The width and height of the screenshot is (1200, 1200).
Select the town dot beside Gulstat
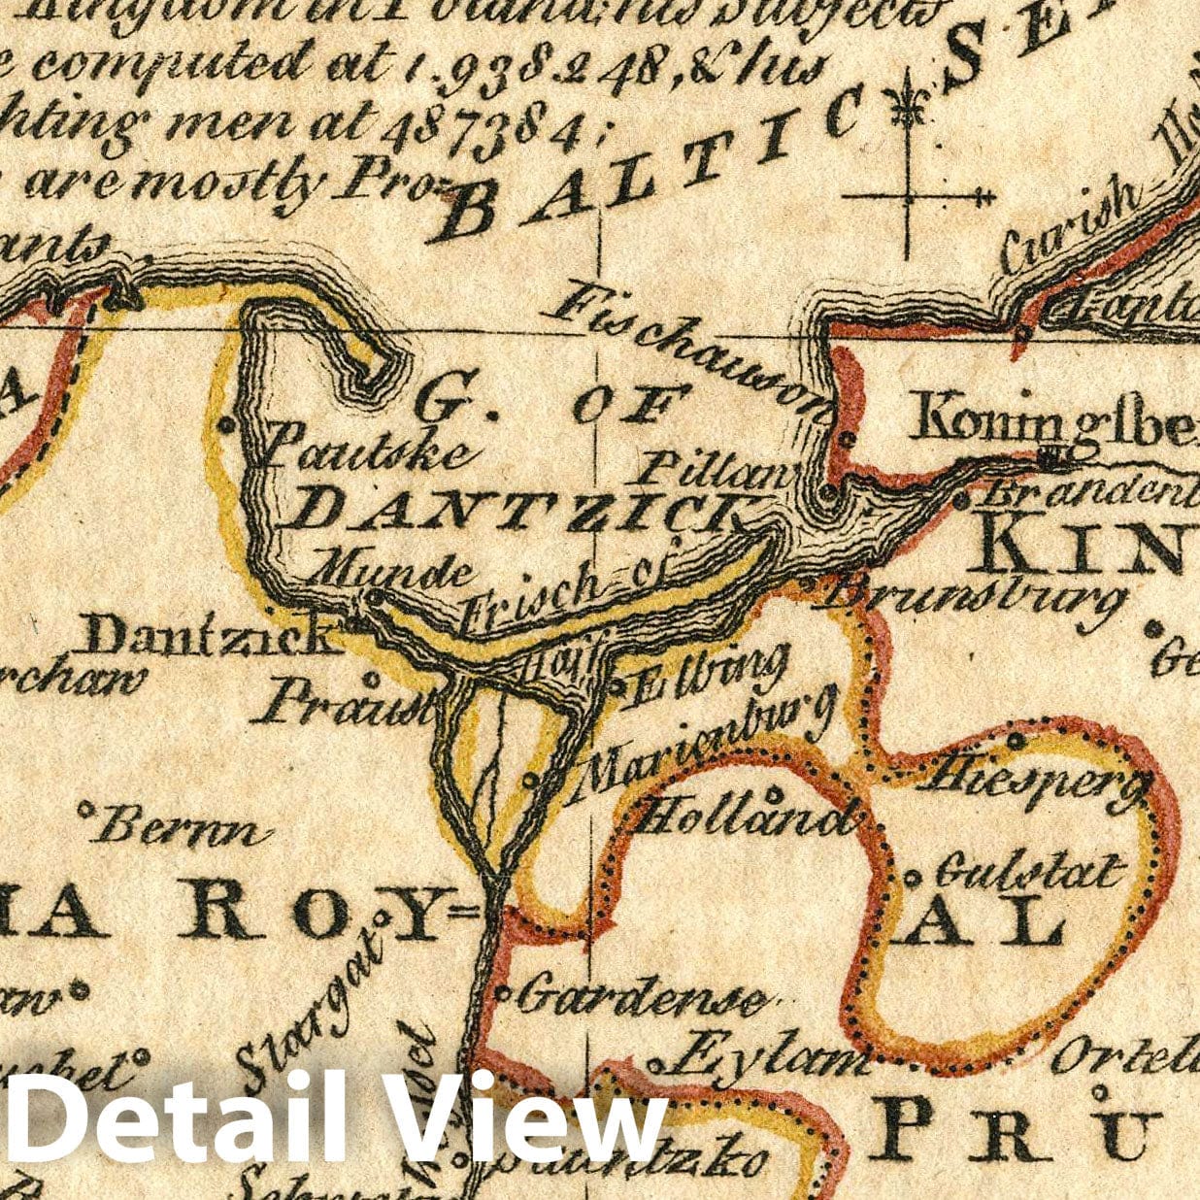913,877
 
